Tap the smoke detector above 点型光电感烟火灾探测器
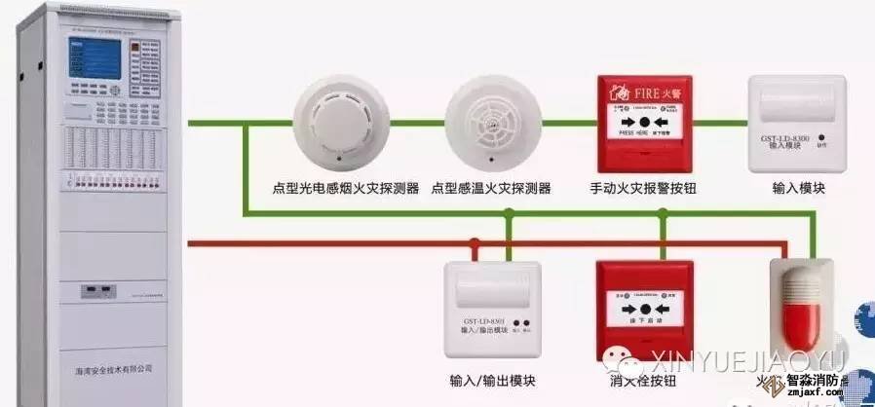[337, 123]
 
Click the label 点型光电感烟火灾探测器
[346, 188]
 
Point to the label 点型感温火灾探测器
[491, 188]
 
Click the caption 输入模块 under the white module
[798, 188]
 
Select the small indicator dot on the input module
[820, 137]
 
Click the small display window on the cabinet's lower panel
[94, 288]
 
